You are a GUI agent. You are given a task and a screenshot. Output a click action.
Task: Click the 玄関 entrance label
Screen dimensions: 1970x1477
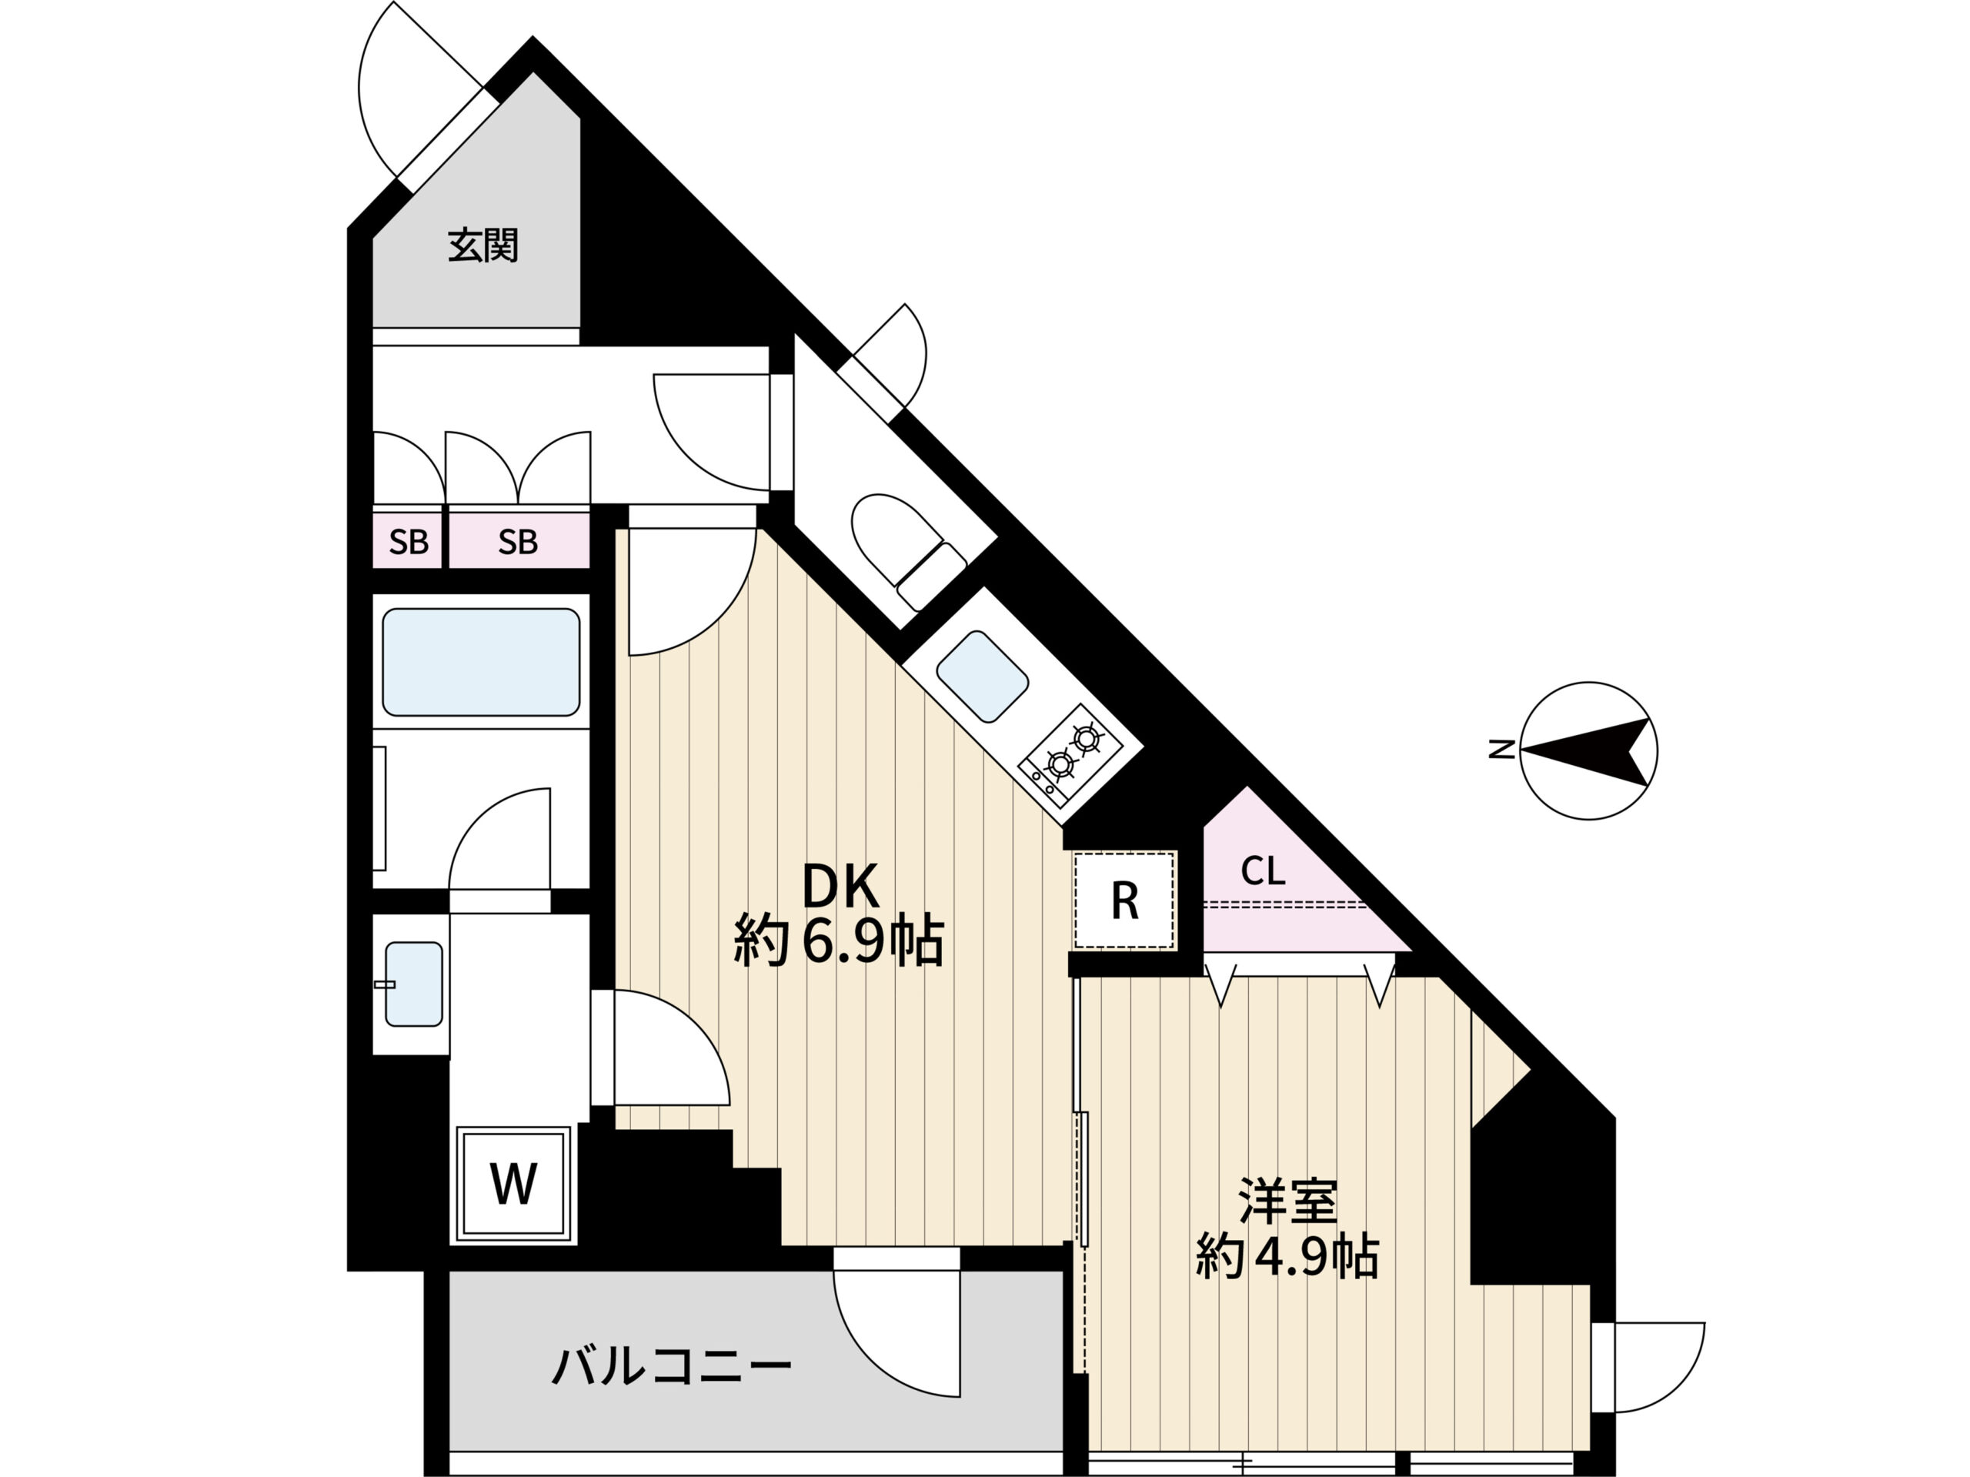[x=482, y=246]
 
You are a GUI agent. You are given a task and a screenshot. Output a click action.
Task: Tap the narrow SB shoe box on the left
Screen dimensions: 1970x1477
[x=409, y=541]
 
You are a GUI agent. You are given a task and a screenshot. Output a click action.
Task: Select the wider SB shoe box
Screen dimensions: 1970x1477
[x=519, y=541]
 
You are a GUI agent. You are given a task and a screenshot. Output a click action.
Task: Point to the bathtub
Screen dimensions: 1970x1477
[x=481, y=662]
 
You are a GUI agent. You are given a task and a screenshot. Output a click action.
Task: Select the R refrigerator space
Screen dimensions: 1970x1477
[x=1125, y=901]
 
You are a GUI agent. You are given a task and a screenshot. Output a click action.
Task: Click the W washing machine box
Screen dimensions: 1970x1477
[x=514, y=1185]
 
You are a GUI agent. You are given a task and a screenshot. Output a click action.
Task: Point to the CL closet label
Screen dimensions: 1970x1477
[x=1263, y=871]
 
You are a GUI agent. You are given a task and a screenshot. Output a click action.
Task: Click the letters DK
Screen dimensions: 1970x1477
[x=841, y=887]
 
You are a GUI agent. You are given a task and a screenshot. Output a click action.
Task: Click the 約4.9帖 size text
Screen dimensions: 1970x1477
[x=1287, y=1256]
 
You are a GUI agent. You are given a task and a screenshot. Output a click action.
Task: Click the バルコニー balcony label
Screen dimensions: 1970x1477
[x=672, y=1365]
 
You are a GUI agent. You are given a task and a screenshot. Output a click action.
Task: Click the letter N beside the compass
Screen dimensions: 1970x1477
[x=1502, y=750]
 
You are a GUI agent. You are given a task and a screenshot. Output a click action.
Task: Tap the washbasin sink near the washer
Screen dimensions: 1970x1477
[x=413, y=984]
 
